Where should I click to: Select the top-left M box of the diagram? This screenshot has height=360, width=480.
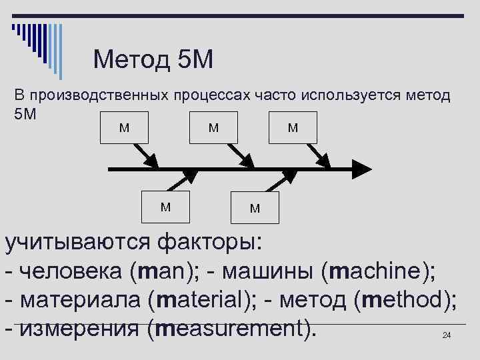125,127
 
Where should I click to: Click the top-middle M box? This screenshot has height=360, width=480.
213,127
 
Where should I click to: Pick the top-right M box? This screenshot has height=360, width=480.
293,127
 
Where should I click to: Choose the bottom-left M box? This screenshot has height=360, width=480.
165,207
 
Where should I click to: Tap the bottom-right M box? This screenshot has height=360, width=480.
255,208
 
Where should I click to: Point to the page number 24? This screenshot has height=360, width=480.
447,335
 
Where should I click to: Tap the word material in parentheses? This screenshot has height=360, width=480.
200,300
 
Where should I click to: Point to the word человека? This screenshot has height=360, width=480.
69,271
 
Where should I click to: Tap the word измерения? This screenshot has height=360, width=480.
74,329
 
